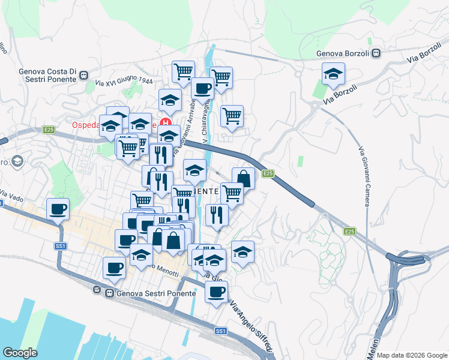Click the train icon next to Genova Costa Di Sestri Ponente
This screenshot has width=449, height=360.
pos(83,76)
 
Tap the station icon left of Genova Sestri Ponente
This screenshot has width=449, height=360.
pos(97,290)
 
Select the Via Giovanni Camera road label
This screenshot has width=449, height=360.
pos(364,176)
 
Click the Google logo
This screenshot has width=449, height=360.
pos(20,352)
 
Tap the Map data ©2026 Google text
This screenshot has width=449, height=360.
pos(411,355)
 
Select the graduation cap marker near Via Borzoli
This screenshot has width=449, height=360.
pos(333,74)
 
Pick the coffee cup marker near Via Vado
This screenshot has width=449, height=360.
pos(58,209)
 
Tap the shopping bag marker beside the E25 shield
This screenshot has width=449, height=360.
pos(243,179)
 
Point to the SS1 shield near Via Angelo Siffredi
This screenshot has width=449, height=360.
pos(221,331)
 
